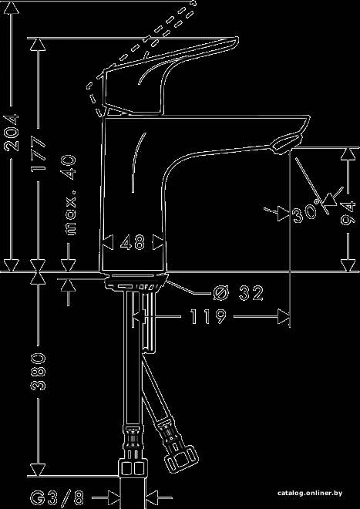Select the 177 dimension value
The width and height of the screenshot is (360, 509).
pos(39,153)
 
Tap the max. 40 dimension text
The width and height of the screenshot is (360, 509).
pos(71,195)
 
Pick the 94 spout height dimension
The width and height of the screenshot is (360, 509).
pos(348,214)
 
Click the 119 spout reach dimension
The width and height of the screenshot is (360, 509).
pos(208,316)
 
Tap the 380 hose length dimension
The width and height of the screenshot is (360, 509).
pos(39,371)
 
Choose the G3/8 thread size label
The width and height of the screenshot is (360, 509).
pos(58,497)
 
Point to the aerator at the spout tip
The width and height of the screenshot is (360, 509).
pos(287,144)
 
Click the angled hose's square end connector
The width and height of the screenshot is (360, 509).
pos(181,458)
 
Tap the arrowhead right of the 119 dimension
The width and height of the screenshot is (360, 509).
pos(284,316)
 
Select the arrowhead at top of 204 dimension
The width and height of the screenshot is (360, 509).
pos(12,8)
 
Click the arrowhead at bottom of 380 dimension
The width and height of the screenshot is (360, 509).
pos(39,470)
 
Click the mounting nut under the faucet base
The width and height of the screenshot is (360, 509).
pos(136,281)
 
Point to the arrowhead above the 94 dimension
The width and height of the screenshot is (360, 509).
pos(348,154)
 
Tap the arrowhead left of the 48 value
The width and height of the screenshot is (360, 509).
pos(108,242)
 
